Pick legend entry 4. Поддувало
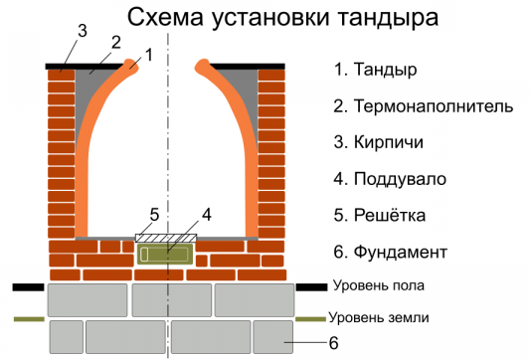pos(390,179)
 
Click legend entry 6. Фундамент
pos(391,252)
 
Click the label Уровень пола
pos(379,285)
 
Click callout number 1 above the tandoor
pos(148,56)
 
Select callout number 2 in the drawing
pos(115,43)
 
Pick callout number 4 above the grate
pos(206,214)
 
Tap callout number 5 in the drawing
pos(153,214)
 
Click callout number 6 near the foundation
pos(334,344)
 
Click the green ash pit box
pos(166,255)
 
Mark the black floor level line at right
pos(312,286)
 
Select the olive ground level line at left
pos(29,319)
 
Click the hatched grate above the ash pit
pos(166,237)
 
